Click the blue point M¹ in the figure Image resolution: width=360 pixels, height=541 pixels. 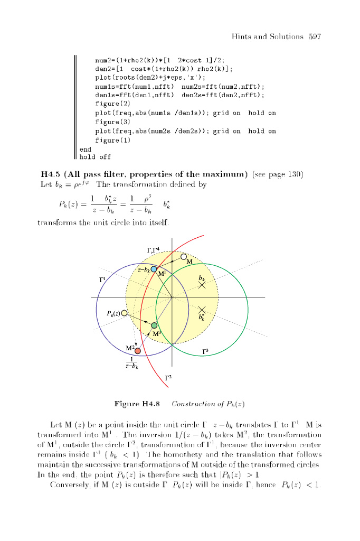pyautogui.click(x=154, y=269)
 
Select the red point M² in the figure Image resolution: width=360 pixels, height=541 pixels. pyautogui.click(x=138, y=351)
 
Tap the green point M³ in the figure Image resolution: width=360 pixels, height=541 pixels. pyautogui.click(x=154, y=325)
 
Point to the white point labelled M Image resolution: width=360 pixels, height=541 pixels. pyautogui.click(x=183, y=257)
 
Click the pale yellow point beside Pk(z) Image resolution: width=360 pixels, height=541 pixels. pyautogui.click(x=125, y=313)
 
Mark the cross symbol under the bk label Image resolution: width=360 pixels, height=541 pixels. pyautogui.click(x=202, y=285)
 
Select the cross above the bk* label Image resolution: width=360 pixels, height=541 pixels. pyautogui.click(x=202, y=310)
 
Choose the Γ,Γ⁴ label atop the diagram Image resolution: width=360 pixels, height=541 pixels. pyautogui.click(x=153, y=250)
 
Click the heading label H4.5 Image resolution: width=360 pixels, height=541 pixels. pyautogui.click(x=50, y=175)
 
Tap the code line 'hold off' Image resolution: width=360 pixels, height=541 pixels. pyautogui.click(x=95, y=157)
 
